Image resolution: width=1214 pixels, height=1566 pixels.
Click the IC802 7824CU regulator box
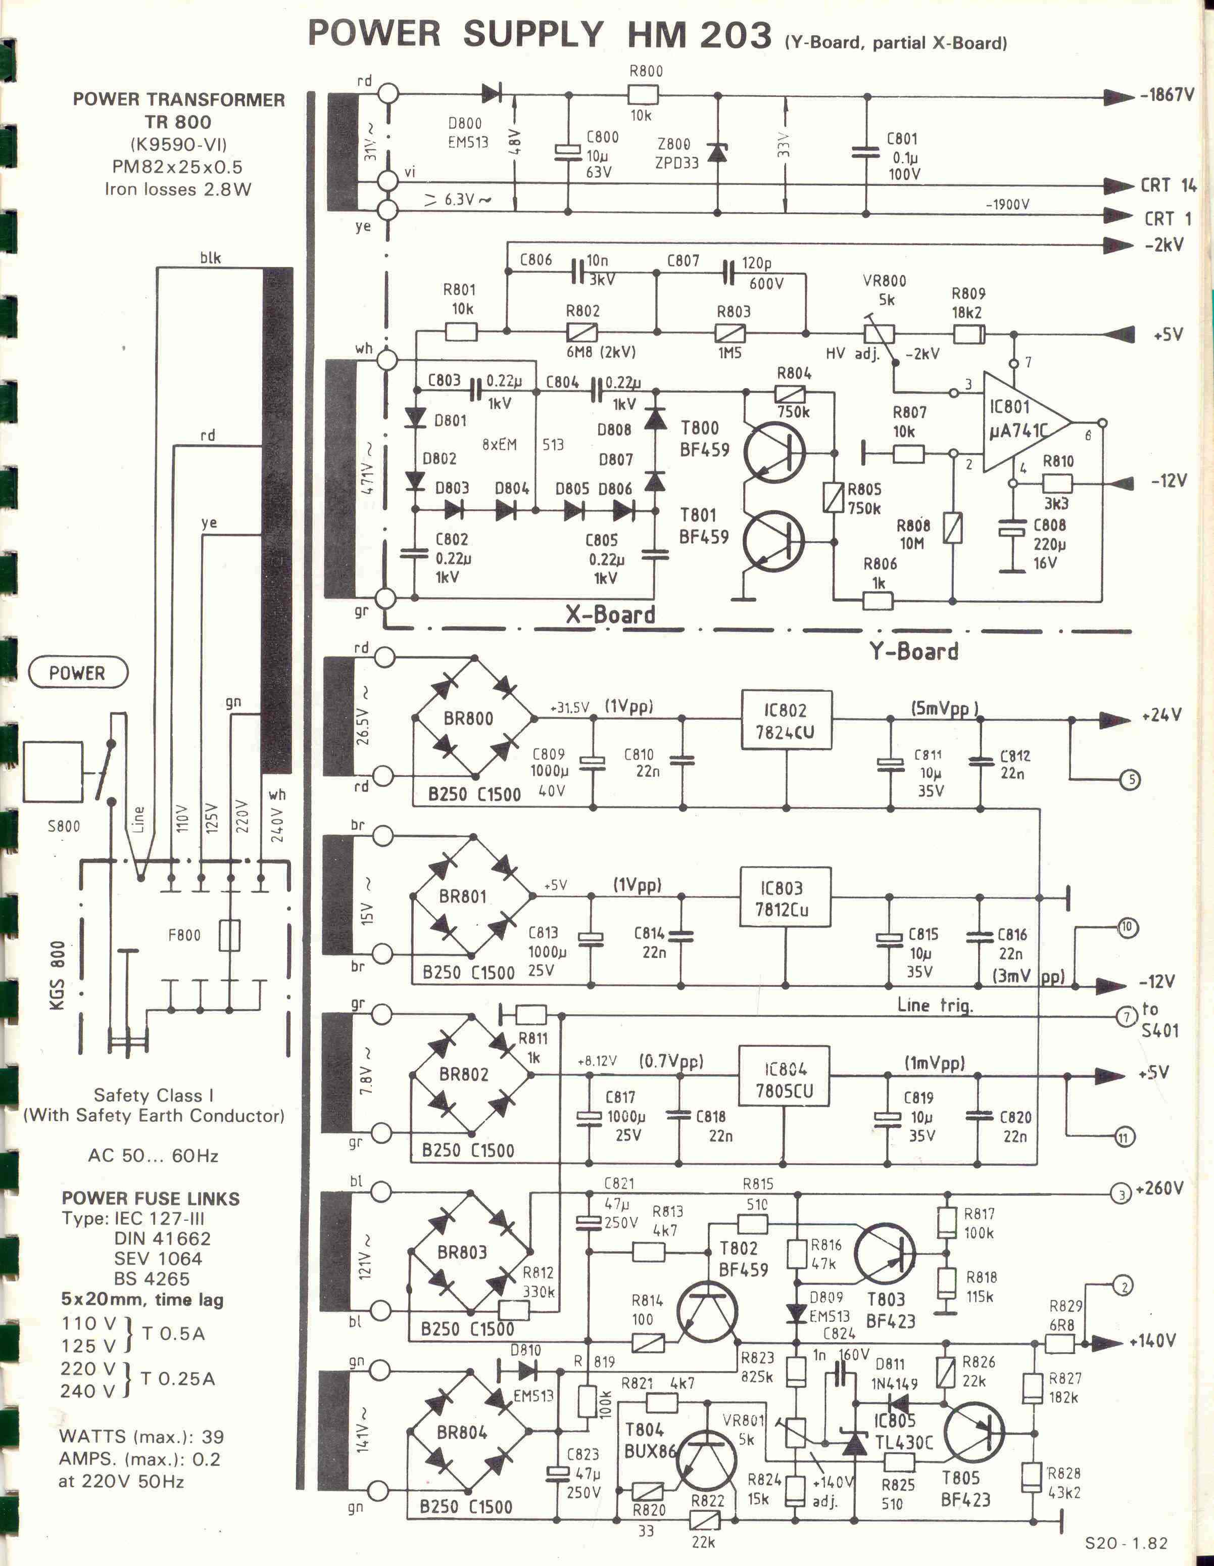pos(786,720)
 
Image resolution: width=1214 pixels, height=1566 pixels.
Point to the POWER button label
pos(77,673)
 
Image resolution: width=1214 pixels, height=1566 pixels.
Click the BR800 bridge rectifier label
pos(468,718)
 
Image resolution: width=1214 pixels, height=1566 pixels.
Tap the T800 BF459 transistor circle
pos(774,452)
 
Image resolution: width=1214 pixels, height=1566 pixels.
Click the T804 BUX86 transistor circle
pos(706,1455)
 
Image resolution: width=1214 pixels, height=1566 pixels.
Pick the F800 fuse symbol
pos(229,935)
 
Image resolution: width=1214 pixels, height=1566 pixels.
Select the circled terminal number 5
pos(1130,779)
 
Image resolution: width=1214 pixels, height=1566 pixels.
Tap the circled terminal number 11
pos(1124,1136)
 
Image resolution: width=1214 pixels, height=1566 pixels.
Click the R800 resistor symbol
pos(643,94)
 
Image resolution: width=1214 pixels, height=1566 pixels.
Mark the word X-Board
pos(610,614)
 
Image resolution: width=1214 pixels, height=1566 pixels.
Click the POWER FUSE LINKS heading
pos(151,1198)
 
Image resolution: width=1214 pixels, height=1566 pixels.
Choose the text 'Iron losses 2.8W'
pos(178,189)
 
